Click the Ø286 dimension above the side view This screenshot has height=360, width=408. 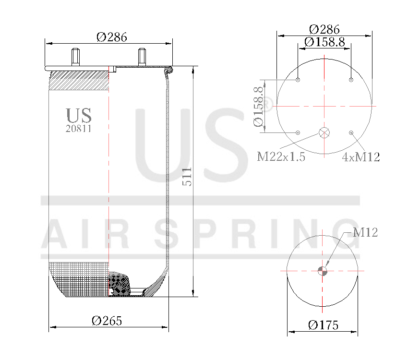pyautogui.click(x=111, y=37)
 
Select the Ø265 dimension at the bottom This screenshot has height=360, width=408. pyautogui.click(x=107, y=321)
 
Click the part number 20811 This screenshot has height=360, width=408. pyautogui.click(x=78, y=129)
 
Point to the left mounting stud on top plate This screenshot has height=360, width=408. pyautogui.click(x=75, y=57)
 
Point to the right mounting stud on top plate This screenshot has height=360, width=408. pyautogui.click(x=142, y=57)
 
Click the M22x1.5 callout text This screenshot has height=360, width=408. pyautogui.click(x=281, y=157)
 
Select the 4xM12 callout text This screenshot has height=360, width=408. pyautogui.click(x=361, y=157)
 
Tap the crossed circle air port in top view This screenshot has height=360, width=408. pyautogui.click(x=324, y=132)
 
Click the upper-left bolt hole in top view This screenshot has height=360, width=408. pyautogui.click(x=298, y=80)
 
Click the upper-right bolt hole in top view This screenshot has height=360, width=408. pyautogui.click(x=351, y=80)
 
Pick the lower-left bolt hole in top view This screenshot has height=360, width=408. pyautogui.click(x=298, y=132)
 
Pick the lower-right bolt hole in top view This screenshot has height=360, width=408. pyautogui.click(x=351, y=132)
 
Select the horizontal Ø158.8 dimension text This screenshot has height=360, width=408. pyautogui.click(x=324, y=42)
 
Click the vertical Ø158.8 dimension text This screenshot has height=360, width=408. pyautogui.click(x=258, y=106)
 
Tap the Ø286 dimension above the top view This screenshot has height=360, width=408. pyautogui.click(x=324, y=29)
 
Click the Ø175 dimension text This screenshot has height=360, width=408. pyautogui.click(x=323, y=325)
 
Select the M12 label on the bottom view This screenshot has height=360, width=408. pyautogui.click(x=365, y=233)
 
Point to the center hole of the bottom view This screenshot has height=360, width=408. pyautogui.click(x=323, y=271)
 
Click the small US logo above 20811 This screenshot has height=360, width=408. pyautogui.click(x=79, y=115)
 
